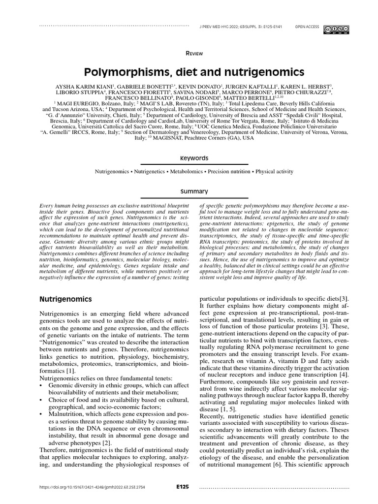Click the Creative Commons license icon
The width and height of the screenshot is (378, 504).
click(337, 30)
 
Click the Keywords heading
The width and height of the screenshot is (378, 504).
click(194, 158)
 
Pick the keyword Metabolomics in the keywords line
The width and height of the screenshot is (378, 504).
click(188, 172)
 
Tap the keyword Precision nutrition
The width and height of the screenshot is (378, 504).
click(230, 172)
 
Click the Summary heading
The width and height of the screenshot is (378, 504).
click(194, 191)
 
